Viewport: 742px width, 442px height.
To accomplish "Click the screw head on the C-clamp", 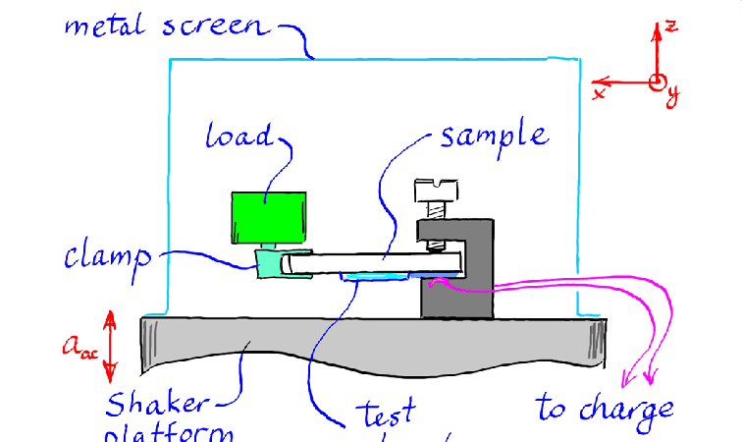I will [x=435, y=189].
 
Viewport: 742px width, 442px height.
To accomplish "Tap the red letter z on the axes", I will [x=671, y=26].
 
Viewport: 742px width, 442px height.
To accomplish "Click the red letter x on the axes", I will [x=598, y=93].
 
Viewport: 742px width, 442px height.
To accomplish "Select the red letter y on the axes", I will [x=673, y=95].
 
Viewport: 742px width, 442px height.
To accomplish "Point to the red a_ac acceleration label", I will [x=79, y=345].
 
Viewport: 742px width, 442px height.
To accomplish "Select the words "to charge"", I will [x=605, y=408].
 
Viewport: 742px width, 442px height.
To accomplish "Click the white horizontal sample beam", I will [x=373, y=261].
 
